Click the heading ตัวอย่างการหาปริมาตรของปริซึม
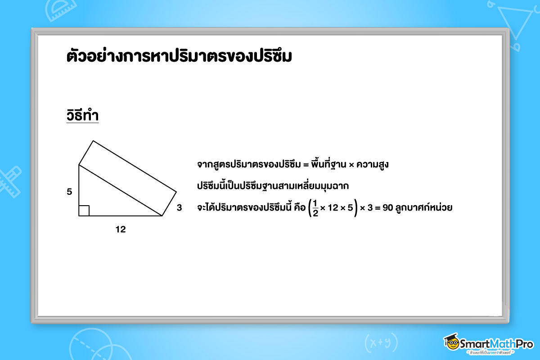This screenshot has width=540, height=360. pyautogui.click(x=179, y=56)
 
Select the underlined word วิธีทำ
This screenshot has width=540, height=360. pyautogui.click(x=82, y=115)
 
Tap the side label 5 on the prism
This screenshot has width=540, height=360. pyautogui.click(x=69, y=192)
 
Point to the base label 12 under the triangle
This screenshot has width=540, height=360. pyautogui.click(x=121, y=229)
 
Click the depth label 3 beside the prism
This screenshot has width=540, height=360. pyautogui.click(x=179, y=207)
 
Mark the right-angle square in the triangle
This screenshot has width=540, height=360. pyautogui.click(x=84, y=211)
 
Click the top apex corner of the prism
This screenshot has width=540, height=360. pyautogui.click(x=93, y=141)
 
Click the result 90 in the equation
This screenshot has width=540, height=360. pyautogui.click(x=388, y=207)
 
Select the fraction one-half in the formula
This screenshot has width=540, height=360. pyautogui.click(x=315, y=208)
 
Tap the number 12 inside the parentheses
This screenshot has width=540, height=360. pyautogui.click(x=333, y=207)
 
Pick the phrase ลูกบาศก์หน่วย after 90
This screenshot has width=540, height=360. pyautogui.click(x=424, y=207)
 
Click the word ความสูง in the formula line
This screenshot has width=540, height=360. pyautogui.click(x=373, y=164)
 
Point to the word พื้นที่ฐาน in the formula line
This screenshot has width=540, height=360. pyautogui.click(x=328, y=164)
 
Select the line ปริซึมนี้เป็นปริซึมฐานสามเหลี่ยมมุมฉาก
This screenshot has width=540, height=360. pyautogui.click(x=273, y=186)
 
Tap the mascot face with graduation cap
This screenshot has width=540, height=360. pyautogui.click(x=451, y=342)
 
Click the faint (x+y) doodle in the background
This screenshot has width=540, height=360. pyautogui.click(x=381, y=342)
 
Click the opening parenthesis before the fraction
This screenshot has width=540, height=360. pyautogui.click(x=310, y=208)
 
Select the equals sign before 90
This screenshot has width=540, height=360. pyautogui.click(x=378, y=208)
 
